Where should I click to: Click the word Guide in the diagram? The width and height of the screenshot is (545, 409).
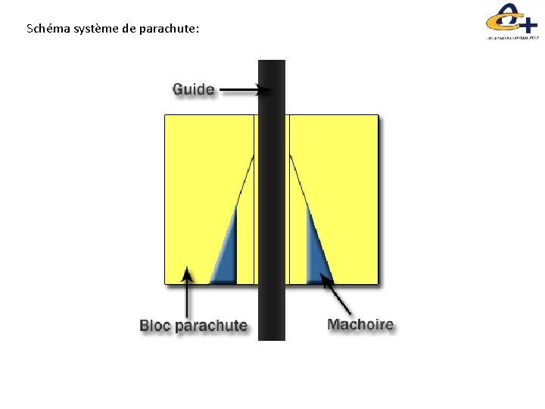pyautogui.click(x=194, y=90)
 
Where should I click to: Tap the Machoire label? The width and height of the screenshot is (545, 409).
pyautogui.click(x=360, y=325)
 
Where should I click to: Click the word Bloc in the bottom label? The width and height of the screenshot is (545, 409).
pyautogui.click(x=155, y=326)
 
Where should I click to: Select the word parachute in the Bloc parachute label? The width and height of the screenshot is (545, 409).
pyautogui.click(x=211, y=326)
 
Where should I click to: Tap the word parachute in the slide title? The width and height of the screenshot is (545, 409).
pyautogui.click(x=170, y=30)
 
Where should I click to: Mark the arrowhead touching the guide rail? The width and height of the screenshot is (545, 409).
pyautogui.click(x=265, y=91)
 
